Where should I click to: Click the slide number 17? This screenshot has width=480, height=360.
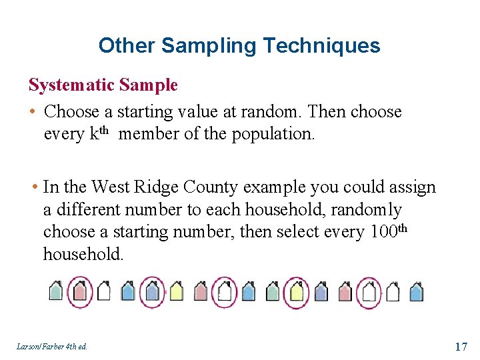pyautogui.click(x=461, y=346)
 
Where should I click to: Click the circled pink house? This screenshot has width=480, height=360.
pyautogui.click(x=79, y=292)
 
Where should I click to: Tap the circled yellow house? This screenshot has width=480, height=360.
pyautogui.click(x=295, y=292)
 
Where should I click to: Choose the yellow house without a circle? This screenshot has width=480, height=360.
pyautogui.click(x=176, y=292)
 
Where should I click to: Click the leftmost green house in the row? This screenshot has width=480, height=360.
pyautogui.click(x=57, y=292)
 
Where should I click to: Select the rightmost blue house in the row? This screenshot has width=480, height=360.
pyautogui.click(x=416, y=292)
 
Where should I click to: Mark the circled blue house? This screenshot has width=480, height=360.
pyautogui.click(x=152, y=292)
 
